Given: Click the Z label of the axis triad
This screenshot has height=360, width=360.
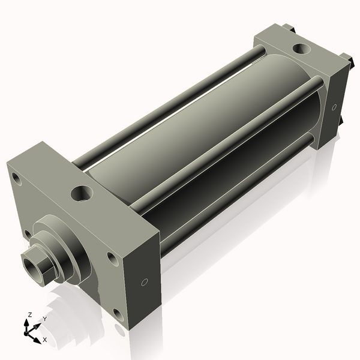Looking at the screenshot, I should [x=30, y=314].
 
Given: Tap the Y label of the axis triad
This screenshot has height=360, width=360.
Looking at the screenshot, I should [x=44, y=319].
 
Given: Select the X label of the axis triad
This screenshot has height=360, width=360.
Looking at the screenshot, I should [x=44, y=340].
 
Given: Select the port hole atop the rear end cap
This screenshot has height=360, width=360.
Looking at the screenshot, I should [x=298, y=49].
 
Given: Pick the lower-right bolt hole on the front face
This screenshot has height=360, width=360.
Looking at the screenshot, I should [x=117, y=313].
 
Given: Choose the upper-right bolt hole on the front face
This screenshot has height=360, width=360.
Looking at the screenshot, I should [x=111, y=258].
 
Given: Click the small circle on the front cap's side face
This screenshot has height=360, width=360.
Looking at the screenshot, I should [x=143, y=283].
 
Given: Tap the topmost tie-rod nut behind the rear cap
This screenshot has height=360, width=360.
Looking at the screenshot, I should [x=290, y=28].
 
